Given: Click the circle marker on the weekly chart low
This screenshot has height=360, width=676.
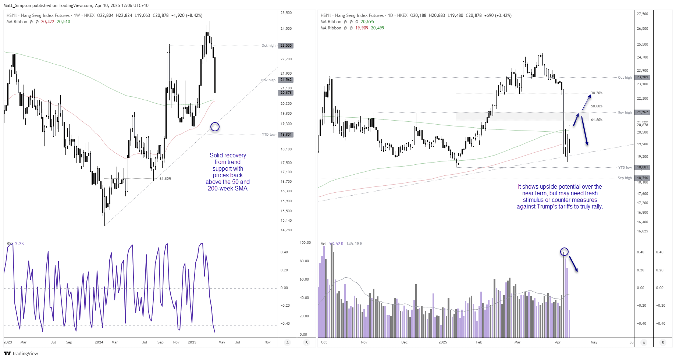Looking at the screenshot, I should click(215, 127).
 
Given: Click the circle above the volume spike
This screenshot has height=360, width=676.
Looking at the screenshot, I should click(564, 252).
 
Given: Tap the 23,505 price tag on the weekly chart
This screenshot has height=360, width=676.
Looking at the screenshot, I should click(286, 46).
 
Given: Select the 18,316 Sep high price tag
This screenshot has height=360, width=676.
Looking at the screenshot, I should click(643, 178).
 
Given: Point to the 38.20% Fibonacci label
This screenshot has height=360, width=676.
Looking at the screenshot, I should click(597, 93).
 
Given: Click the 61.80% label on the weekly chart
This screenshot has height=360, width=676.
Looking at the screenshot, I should click(165, 179).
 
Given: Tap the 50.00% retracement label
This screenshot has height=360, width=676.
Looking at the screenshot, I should click(597, 106).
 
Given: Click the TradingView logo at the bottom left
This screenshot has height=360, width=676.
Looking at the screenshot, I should click(21, 353).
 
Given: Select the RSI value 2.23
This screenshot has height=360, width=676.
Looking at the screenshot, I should click(19, 244).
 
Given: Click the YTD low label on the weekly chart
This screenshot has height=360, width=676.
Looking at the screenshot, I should click(268, 135).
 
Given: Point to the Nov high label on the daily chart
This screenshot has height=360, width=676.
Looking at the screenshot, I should click(625, 113).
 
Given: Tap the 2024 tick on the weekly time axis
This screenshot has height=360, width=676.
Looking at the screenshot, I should click(99, 342).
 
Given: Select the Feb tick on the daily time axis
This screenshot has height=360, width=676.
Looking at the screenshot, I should click(479, 342).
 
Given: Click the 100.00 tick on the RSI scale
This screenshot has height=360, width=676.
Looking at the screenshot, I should click(305, 243).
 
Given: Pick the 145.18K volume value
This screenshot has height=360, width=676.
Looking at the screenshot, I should click(354, 244).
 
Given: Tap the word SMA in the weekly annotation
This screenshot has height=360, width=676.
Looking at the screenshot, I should click(241, 189).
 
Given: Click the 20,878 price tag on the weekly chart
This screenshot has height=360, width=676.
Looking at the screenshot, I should click(286, 93).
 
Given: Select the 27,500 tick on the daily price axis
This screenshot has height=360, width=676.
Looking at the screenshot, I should click(643, 14).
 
